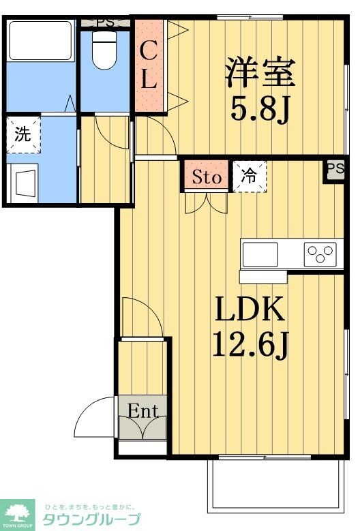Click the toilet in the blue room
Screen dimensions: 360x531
[104, 50]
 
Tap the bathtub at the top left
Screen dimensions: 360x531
[41, 41]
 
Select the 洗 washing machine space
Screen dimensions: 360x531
[23, 134]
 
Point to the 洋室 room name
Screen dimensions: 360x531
[260, 72]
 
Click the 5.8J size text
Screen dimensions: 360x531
[260, 109]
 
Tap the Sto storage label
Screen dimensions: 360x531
[207, 177]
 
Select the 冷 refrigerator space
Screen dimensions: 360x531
[250, 176]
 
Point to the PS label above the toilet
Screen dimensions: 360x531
[105, 23]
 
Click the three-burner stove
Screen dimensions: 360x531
[320, 254]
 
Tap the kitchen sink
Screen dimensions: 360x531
[260, 254]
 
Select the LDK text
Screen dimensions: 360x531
[250, 309]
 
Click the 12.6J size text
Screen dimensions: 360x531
[251, 346]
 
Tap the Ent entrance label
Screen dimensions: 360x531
[143, 412]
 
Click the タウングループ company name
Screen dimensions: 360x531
[91, 519]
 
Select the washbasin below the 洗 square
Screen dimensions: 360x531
[22, 183]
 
